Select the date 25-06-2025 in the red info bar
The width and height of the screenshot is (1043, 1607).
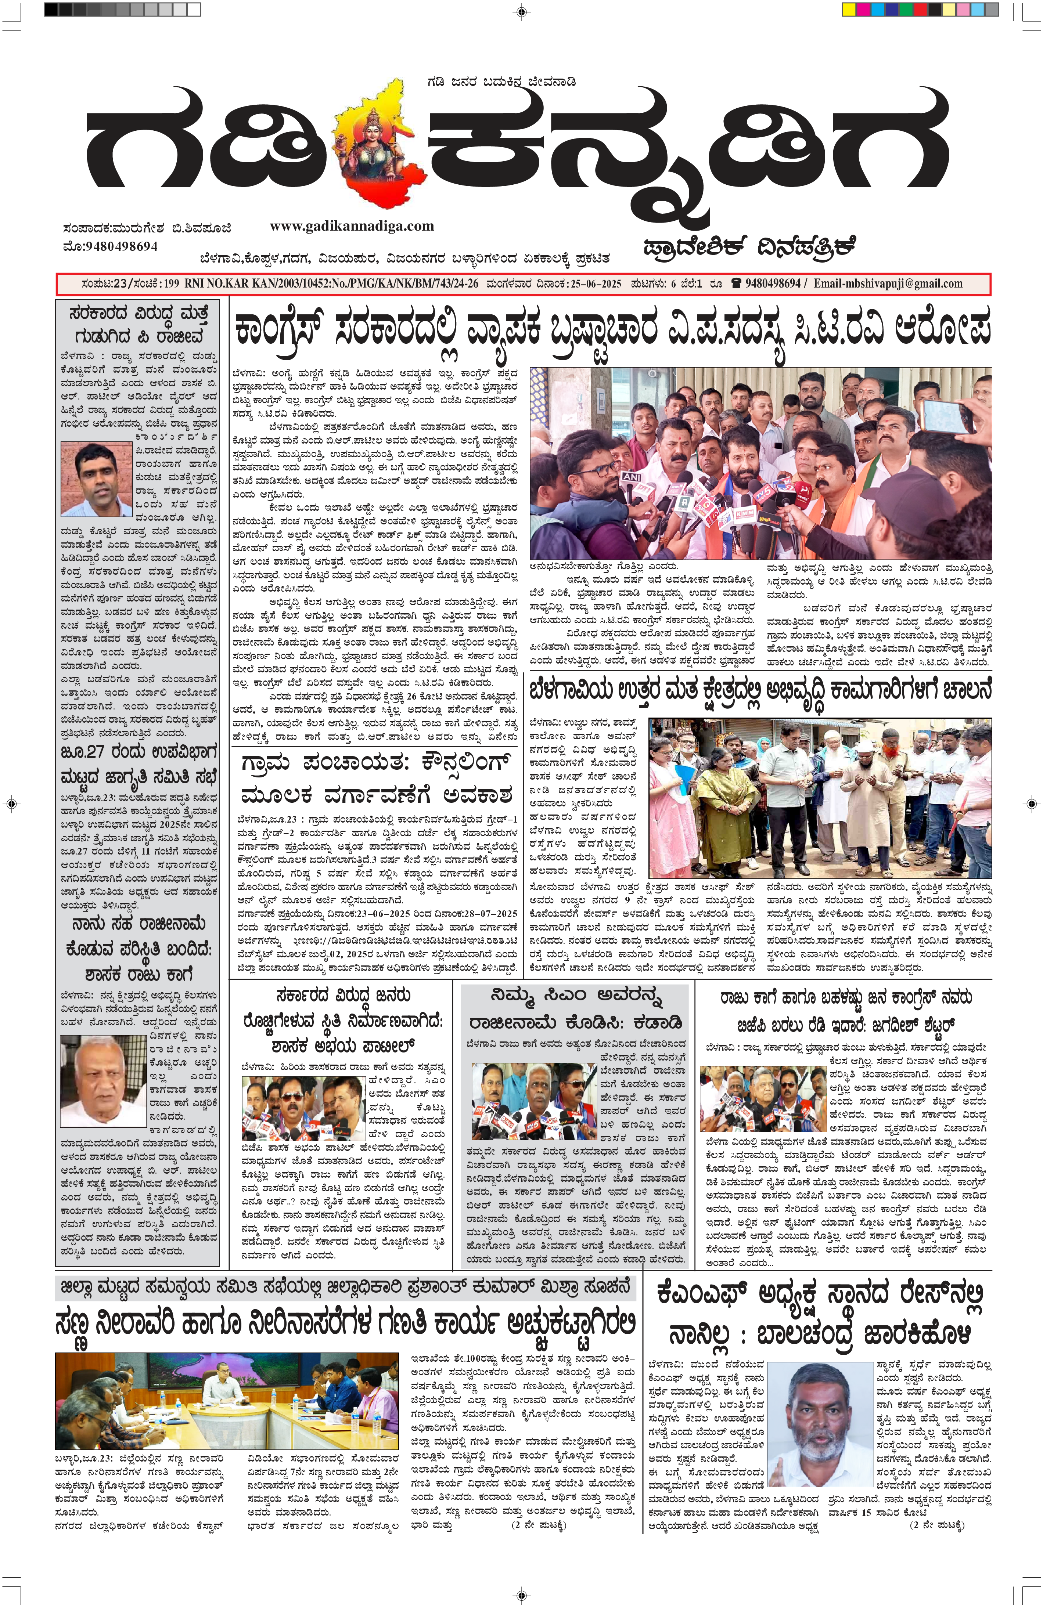click(596, 284)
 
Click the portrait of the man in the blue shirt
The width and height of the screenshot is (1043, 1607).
click(97, 479)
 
